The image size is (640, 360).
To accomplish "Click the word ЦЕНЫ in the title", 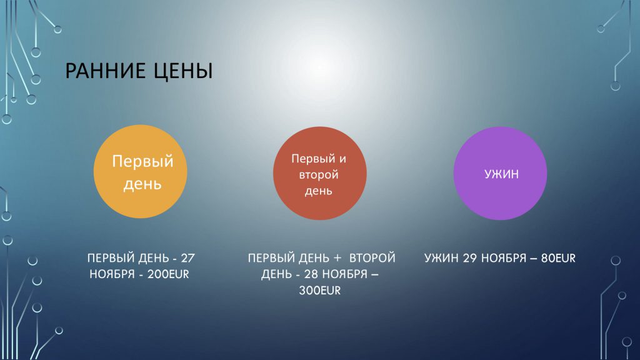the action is click(183, 71).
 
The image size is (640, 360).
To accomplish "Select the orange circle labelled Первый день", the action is click(141, 171).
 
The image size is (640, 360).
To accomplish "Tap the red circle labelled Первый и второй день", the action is click(320, 174).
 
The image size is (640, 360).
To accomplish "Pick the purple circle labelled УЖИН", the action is click(501, 174).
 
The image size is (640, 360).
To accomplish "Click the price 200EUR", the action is click(168, 274).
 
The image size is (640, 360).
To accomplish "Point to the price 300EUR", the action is click(319, 291).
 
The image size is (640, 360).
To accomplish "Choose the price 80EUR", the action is click(558, 258).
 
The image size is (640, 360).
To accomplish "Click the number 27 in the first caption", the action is click(187, 258).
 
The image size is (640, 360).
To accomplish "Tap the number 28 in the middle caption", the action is click(311, 274).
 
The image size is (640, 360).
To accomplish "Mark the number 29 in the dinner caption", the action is click(470, 258).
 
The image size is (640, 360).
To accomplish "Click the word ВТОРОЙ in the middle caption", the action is click(372, 257).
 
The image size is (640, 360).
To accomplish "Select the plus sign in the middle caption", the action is click(337, 258).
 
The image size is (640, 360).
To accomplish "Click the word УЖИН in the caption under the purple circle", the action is click(441, 258).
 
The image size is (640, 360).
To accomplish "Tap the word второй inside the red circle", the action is click(319, 175).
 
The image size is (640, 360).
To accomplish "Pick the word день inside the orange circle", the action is click(142, 184).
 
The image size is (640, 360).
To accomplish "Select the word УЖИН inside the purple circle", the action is click(501, 174).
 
